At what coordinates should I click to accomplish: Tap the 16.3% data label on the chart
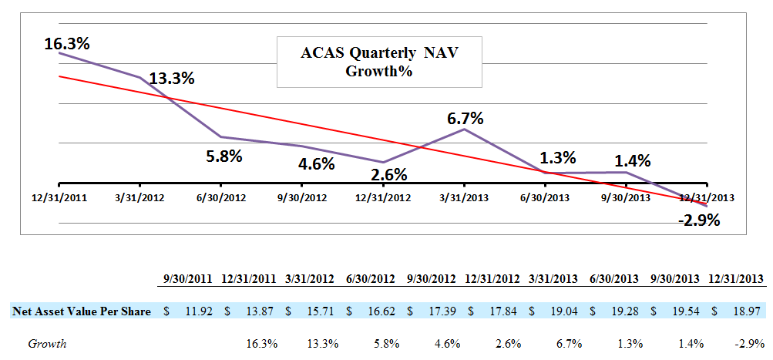(66, 43)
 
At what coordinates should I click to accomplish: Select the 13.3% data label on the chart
(171, 78)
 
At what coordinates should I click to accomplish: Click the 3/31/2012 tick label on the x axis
(139, 197)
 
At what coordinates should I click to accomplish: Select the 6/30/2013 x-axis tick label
(546, 197)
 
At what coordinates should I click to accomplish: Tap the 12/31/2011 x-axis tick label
(59, 197)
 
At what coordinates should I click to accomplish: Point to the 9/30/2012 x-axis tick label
(301, 197)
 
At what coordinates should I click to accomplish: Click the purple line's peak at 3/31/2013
(465, 129)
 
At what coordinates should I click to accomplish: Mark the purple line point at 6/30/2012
(222, 137)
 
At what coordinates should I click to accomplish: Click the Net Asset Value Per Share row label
(81, 311)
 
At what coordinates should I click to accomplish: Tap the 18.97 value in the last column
(746, 311)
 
